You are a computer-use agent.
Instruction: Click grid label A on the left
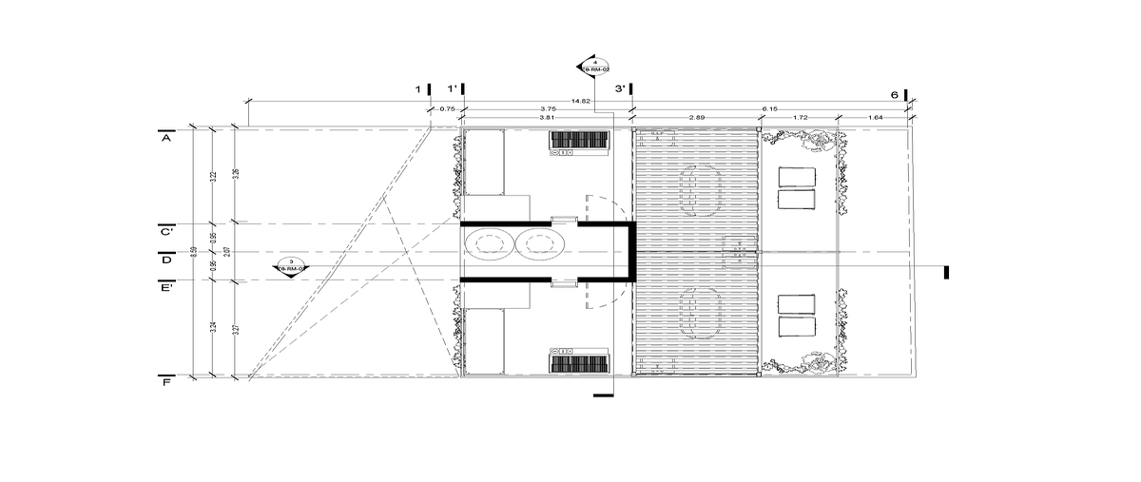click(165, 139)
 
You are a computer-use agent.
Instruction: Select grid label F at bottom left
click(165, 382)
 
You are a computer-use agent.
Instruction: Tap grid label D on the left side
click(165, 259)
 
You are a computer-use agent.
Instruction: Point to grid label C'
click(165, 231)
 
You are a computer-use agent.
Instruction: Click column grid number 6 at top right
click(894, 95)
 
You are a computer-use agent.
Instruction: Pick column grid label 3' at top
click(620, 89)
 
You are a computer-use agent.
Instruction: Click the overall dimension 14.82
click(581, 101)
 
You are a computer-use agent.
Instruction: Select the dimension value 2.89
click(696, 117)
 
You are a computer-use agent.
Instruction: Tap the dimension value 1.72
click(800, 117)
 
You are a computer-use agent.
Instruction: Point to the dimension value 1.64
click(876, 117)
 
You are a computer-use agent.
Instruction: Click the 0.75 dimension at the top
click(446, 109)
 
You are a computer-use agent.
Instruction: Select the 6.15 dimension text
click(769, 109)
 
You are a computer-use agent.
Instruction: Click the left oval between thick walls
click(491, 245)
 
